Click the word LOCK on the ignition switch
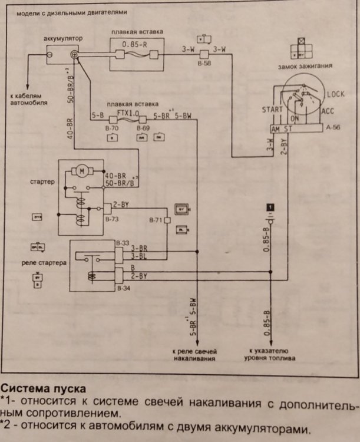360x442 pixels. point(335,94)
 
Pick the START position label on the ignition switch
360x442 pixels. point(273,110)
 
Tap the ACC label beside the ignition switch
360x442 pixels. point(329,111)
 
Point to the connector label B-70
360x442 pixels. point(111,127)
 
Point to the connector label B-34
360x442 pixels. point(123,289)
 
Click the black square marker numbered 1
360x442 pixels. point(269,206)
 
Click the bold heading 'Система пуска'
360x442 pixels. point(43,390)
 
